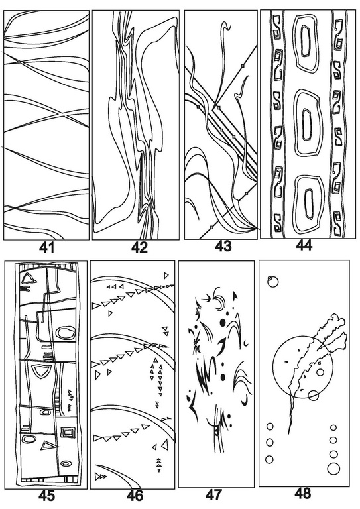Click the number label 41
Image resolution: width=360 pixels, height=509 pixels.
[47, 248]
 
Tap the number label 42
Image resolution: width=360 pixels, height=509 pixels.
[140, 247]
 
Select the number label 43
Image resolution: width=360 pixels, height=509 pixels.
[223, 246]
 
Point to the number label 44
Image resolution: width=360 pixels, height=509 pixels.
[304, 245]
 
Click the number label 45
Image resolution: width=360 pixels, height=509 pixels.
[47, 496]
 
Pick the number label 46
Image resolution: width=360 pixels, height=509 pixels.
[135, 496]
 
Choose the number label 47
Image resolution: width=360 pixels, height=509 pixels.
[214, 495]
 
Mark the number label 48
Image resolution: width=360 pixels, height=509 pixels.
[303, 494]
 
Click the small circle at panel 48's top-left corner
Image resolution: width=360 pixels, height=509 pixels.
[273, 282]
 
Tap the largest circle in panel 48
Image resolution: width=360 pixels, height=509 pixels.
[272, 367]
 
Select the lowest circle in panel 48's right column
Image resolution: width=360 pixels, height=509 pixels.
[333, 469]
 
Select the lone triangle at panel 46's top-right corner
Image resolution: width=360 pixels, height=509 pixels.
[166, 276]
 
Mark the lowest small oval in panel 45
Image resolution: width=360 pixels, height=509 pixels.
[66, 463]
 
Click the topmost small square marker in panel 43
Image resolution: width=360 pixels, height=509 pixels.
[243, 66]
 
